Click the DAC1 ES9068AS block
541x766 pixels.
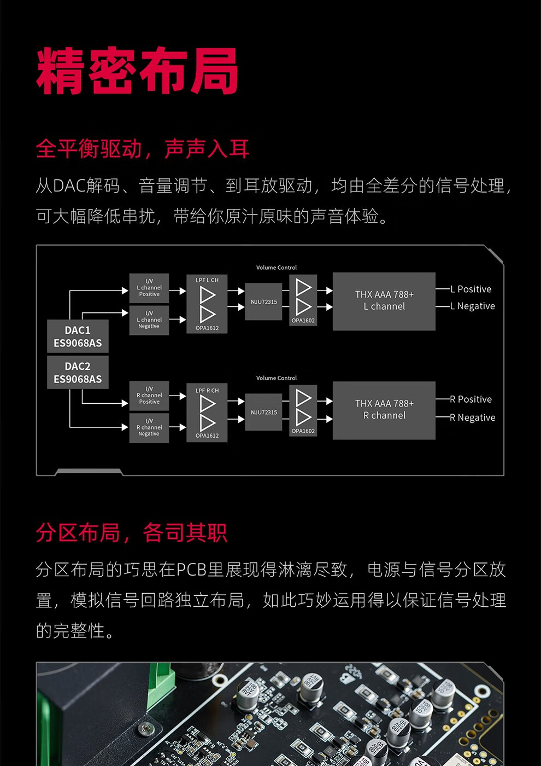coord(78,336)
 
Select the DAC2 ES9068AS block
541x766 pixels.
coord(78,373)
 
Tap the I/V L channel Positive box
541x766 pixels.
coord(149,288)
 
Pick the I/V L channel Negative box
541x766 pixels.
coord(149,320)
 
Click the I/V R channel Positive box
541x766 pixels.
coord(149,396)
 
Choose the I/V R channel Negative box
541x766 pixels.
coord(149,428)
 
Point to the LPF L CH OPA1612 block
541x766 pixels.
coord(207,304)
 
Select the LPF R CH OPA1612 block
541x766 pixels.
coord(207,413)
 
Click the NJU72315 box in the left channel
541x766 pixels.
coord(263,302)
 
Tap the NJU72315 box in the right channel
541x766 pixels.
coord(263,412)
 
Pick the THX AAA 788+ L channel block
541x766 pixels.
coord(384,301)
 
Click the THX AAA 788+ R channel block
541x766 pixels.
coord(384,410)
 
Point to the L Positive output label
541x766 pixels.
coord(471,289)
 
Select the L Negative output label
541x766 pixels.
coord(473,306)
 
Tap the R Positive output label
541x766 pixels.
coord(471,399)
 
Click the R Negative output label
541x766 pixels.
coord(473,417)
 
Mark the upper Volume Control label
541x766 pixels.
coord(277,268)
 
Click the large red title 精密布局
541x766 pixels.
coord(137,71)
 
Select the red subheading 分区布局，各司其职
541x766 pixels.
coord(131,532)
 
